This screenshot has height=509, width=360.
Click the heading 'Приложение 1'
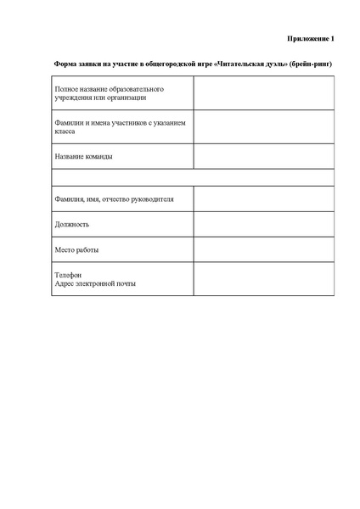309,38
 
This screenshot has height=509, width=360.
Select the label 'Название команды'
83,157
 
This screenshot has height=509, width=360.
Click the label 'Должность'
71,225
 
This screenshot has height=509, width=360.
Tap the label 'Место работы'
76,250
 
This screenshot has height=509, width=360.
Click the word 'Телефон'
68,275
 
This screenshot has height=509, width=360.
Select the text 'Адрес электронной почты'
94,283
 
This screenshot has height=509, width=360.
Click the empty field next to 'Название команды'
263,157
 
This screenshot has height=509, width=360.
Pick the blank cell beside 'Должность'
263,225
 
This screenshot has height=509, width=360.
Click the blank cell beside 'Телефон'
263,279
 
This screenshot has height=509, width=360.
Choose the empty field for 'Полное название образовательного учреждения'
263,93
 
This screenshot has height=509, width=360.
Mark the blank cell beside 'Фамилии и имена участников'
263,127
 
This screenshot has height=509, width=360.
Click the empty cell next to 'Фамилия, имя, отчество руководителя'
263,199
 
